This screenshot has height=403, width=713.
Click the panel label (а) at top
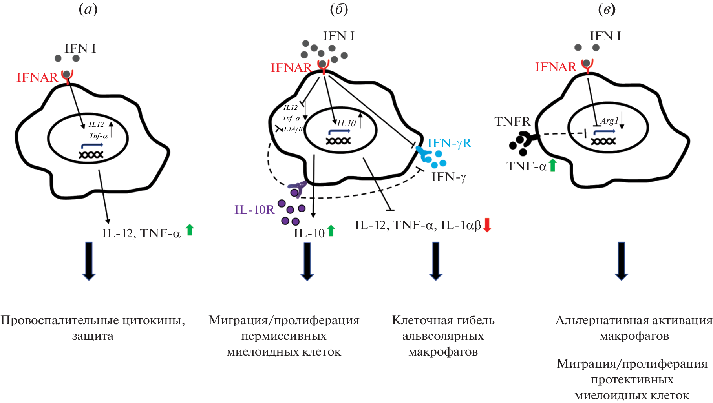click(x=88, y=9)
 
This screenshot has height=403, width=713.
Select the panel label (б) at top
click(x=339, y=9)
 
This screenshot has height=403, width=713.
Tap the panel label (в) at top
click(x=607, y=9)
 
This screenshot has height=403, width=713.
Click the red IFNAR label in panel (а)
click(x=37, y=78)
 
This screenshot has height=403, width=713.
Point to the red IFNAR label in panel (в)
click(x=556, y=67)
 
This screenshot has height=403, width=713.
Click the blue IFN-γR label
click(x=449, y=143)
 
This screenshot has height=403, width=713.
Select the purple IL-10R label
click(x=254, y=210)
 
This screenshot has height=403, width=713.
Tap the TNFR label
click(x=512, y=122)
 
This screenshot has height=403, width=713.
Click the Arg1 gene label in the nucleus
click(x=609, y=121)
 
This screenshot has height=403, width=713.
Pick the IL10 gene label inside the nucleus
click(x=346, y=124)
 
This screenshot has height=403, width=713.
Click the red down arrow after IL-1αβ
click(x=487, y=225)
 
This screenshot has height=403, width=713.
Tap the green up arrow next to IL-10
click(x=331, y=231)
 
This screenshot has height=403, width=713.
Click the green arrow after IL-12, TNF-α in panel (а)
click(x=190, y=230)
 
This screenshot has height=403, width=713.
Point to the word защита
click(x=93, y=336)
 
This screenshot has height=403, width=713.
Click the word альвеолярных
click(x=443, y=336)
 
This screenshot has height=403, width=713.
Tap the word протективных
click(x=632, y=380)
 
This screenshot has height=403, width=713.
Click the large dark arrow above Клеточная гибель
click(x=436, y=261)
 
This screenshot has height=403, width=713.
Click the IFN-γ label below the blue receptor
click(x=448, y=177)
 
